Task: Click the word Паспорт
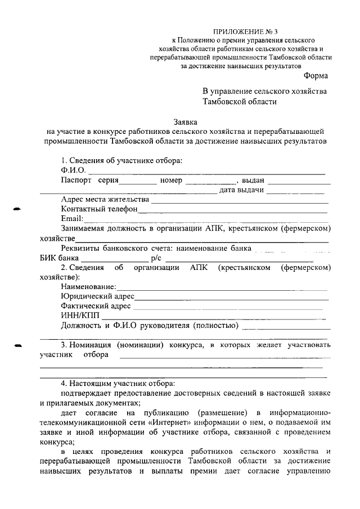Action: [x=76, y=181]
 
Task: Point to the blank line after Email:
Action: [x=205, y=219]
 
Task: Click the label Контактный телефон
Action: [x=99, y=209]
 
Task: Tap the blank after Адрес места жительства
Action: [x=238, y=200]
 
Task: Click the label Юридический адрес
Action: [x=97, y=296]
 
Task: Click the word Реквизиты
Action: [x=81, y=248]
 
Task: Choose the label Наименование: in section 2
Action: [x=89, y=286]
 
